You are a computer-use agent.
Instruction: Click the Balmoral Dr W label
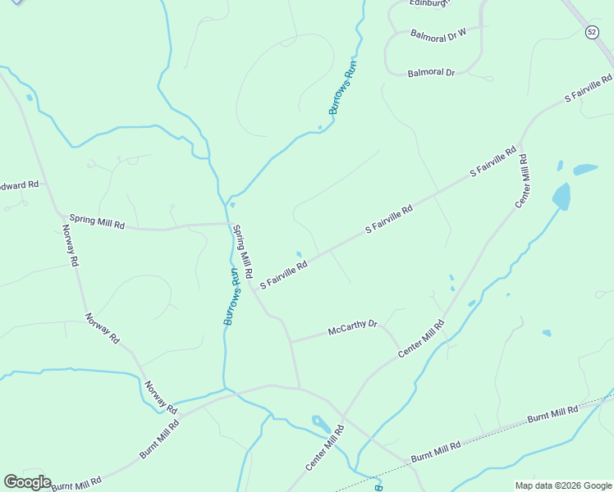click(438, 33)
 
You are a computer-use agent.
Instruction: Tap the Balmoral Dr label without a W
click(431, 73)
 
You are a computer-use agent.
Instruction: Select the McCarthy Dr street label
click(352, 328)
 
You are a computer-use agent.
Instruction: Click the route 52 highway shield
click(592, 31)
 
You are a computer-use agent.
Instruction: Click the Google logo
click(27, 482)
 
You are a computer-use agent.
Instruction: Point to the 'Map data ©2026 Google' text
click(564, 485)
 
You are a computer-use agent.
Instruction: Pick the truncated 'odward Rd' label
click(20, 185)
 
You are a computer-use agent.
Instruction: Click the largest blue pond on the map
click(561, 197)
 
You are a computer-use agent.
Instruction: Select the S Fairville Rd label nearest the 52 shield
click(589, 89)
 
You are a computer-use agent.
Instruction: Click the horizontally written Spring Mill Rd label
click(97, 221)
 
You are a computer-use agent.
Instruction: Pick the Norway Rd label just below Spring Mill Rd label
click(70, 246)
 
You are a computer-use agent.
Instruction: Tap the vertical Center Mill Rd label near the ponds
click(523, 175)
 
